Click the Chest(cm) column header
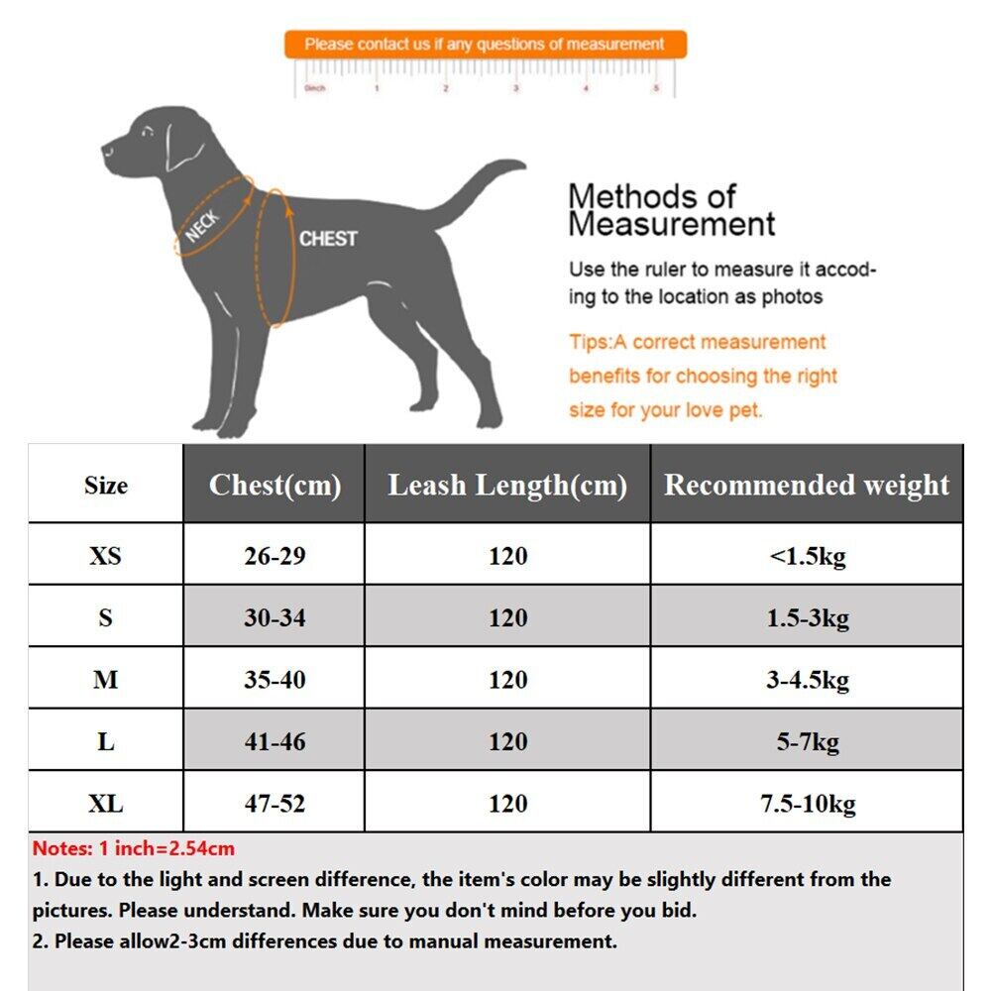(275, 485)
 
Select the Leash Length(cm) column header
(507, 485)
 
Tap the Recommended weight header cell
(807, 485)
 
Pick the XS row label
(105, 555)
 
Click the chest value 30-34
(275, 617)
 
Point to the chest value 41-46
(275, 741)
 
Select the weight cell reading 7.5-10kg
(807, 803)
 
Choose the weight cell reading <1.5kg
(807, 555)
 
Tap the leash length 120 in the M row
(507, 680)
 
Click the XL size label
(105, 803)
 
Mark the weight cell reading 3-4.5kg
(807, 680)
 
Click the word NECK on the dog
(203, 225)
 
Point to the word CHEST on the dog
(327, 239)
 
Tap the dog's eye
(147, 132)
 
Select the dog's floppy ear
(183, 147)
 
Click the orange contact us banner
(485, 45)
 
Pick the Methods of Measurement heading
(671, 209)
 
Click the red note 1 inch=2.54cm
(134, 849)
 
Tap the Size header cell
(105, 485)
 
